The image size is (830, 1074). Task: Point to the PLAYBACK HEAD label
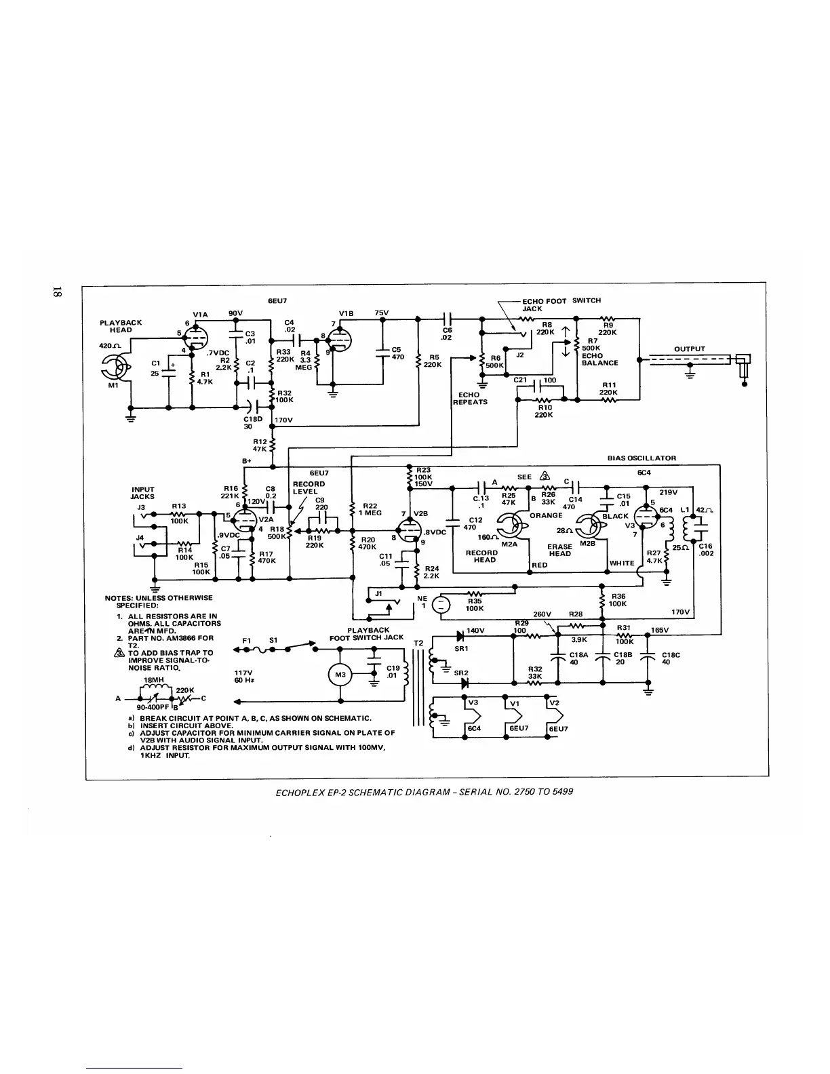tap(121, 326)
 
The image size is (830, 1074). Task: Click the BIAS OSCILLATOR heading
tap(641, 458)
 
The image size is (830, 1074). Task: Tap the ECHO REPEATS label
tap(469, 398)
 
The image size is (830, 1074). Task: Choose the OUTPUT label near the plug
tap(690, 349)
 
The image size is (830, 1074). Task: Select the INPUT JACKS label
tap(142, 493)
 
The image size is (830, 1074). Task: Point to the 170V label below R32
tap(283, 420)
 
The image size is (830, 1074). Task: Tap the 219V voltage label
tap(669, 492)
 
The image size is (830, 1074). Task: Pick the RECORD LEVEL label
tap(309, 488)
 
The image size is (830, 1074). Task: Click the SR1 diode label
tap(462, 649)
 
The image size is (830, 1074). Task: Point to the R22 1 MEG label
tap(370, 509)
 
